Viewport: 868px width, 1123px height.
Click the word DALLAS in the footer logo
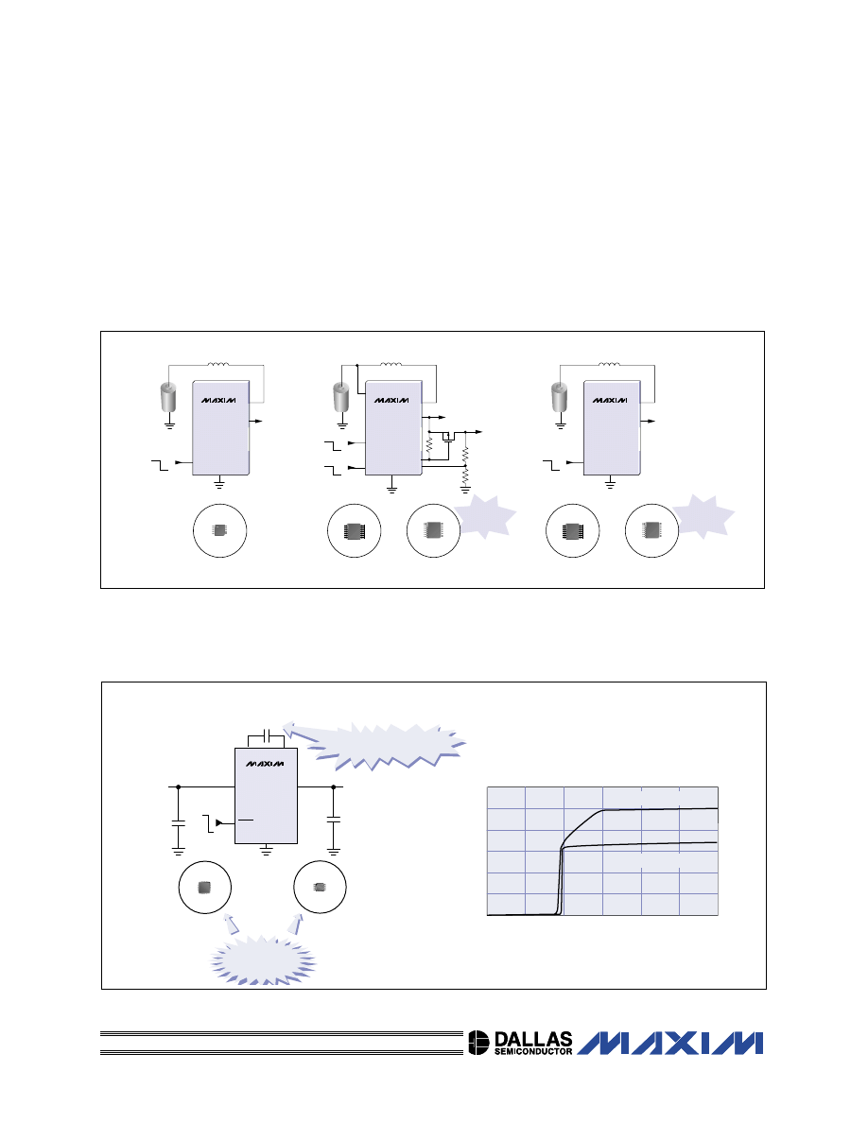(533, 1039)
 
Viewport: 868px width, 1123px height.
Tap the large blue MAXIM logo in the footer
(670, 1043)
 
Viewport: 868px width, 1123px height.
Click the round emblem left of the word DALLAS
(478, 1043)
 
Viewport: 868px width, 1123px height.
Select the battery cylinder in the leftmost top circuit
(167, 397)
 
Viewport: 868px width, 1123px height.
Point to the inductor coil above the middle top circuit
(391, 364)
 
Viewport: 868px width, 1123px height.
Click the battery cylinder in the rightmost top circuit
(559, 397)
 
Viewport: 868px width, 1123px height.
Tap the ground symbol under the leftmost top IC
(220, 483)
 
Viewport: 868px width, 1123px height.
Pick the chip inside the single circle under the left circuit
(220, 530)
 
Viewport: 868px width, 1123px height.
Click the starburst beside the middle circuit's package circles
(485, 516)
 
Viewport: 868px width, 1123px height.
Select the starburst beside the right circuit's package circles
(703, 516)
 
